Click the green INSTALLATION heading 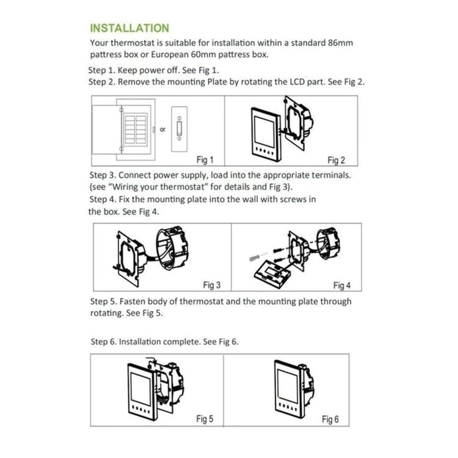129,28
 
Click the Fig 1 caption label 205,161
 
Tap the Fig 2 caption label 336,161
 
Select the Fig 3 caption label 211,285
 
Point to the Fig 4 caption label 342,285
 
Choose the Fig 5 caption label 205,419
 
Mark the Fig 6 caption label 330,419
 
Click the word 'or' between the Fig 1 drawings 162,129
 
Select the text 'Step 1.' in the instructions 101,70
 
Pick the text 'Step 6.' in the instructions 103,341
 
